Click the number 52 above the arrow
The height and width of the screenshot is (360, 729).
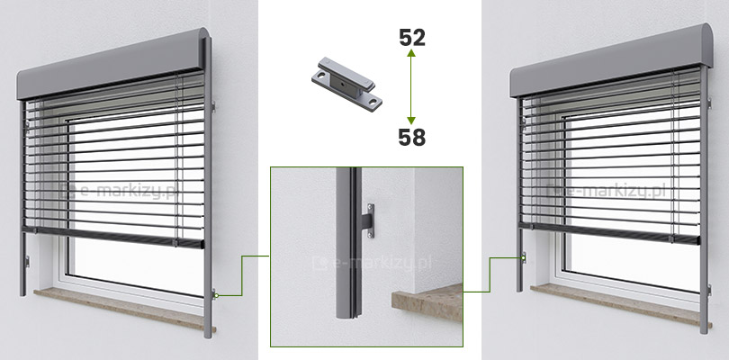(x=412, y=38)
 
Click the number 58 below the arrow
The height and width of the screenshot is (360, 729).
(x=412, y=137)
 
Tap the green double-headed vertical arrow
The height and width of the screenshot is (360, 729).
(x=411, y=87)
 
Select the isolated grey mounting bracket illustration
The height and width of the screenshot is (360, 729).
(x=346, y=84)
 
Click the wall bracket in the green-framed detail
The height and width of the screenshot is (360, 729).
(x=367, y=220)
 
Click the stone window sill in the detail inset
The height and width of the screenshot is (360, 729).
(x=427, y=302)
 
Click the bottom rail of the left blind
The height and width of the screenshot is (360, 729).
(x=114, y=237)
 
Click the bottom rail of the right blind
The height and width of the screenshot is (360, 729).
(x=610, y=233)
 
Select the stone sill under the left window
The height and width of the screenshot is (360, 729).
(x=124, y=309)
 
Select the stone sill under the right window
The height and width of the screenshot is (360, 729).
(x=616, y=304)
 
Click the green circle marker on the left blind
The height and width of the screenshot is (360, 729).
(x=216, y=295)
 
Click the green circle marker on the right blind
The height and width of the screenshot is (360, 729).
(x=524, y=256)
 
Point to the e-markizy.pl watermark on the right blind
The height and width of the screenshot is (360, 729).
(x=607, y=191)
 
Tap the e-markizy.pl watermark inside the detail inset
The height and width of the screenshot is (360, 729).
(x=372, y=264)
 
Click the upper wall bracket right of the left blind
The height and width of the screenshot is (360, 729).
(x=213, y=106)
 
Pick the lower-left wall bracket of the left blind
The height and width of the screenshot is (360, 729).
(x=27, y=262)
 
